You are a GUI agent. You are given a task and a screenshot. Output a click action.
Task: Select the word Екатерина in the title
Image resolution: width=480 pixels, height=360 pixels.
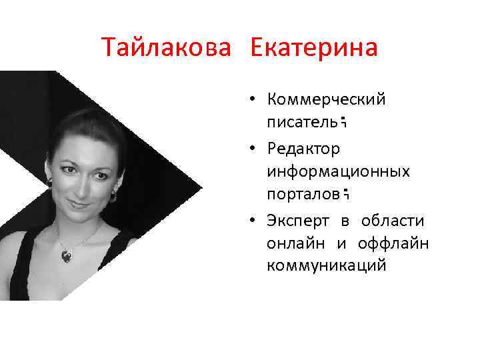click(314, 48)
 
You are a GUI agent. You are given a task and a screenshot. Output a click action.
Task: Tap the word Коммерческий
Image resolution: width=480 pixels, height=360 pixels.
click(326, 100)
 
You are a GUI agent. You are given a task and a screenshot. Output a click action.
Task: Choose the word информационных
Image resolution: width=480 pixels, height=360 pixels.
click(338, 171)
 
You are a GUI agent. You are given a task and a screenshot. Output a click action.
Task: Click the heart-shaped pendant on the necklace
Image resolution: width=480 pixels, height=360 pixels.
click(69, 254)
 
